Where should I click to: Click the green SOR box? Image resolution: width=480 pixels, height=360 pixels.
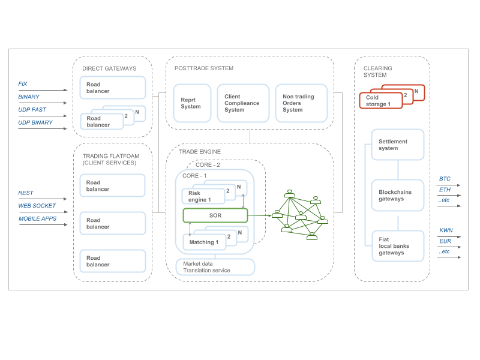coord(215,215)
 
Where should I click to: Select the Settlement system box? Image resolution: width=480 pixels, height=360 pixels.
coord(398,145)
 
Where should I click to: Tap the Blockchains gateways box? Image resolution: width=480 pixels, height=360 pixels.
coord(398,195)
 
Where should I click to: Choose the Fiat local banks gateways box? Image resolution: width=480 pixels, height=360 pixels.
coord(398,246)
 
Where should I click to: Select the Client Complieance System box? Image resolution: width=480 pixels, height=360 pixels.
coord(243,103)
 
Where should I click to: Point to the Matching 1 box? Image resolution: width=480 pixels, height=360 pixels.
coord(203,242)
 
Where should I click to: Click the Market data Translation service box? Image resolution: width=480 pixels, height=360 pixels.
coord(215,267)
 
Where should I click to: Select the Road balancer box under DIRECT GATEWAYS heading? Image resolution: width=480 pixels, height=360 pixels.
coord(113,88)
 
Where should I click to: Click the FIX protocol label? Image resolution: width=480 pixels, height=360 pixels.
coord(23,84)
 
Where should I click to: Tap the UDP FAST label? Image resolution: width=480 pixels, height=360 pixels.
coord(32,110)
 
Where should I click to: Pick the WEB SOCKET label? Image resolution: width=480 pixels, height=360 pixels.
coord(37,206)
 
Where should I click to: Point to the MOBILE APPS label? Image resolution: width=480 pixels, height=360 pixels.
coord(37,219)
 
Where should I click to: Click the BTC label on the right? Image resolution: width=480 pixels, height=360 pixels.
coord(445,179)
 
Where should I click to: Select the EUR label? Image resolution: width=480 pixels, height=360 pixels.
coord(445,241)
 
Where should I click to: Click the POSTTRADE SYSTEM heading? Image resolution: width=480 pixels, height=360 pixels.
coord(204,68)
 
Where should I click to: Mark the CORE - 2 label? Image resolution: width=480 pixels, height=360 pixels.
coord(208,165)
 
